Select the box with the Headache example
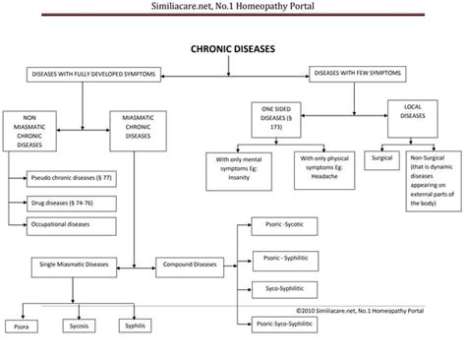pyautogui.click(x=321, y=166)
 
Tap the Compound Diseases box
pyautogui.click(x=189, y=266)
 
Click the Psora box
pyautogui.click(x=20, y=325)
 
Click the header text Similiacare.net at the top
pyautogui.click(x=232, y=8)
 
